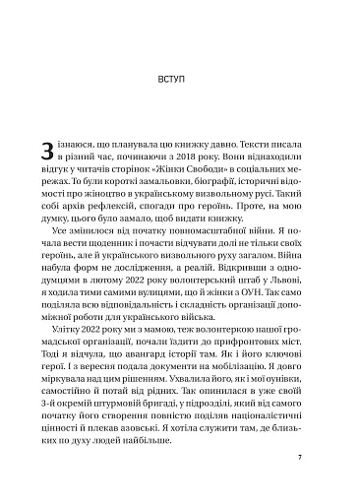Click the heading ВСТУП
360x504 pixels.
(x=179, y=76)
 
